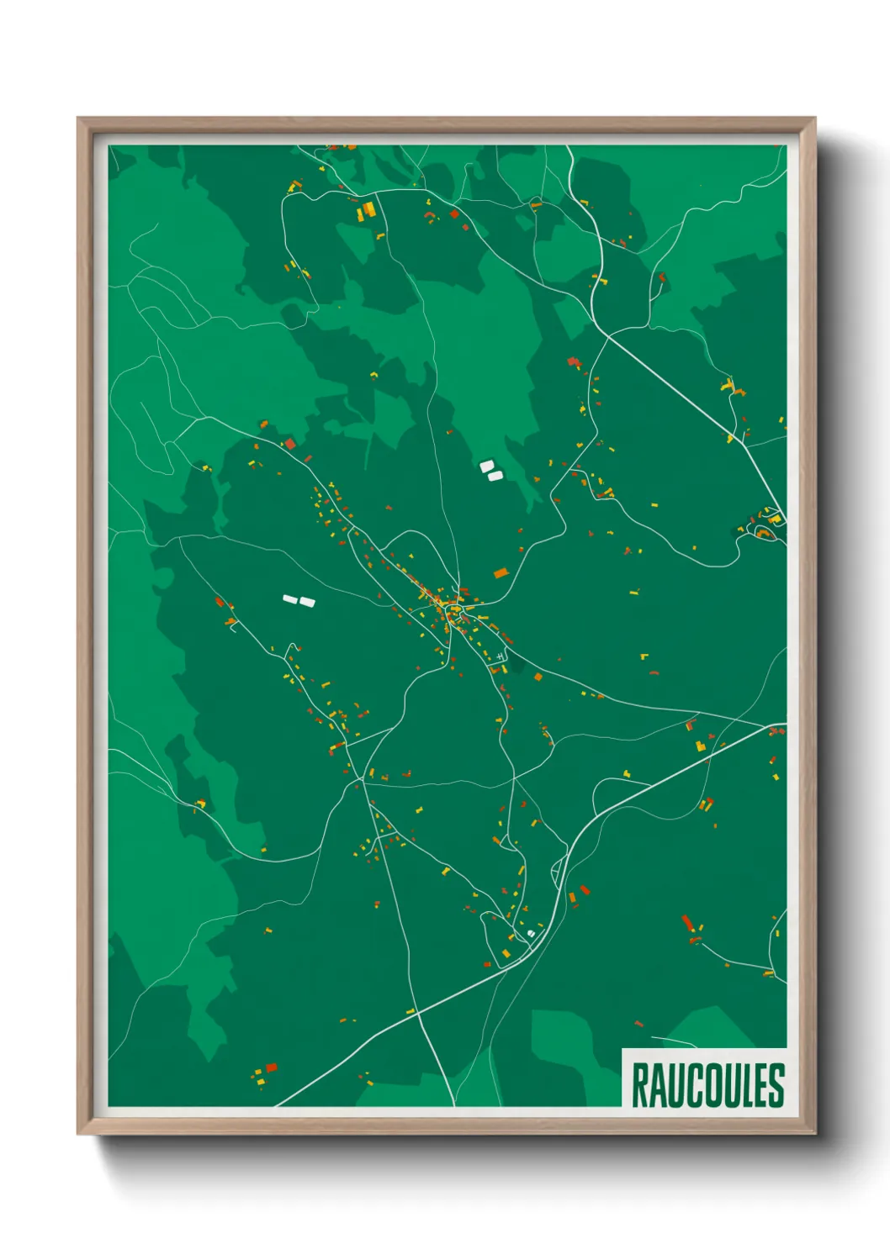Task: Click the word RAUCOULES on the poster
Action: point(707,1085)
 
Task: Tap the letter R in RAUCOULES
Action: point(639,1085)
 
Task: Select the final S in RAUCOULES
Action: point(777,1085)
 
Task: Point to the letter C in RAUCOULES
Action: point(688,1085)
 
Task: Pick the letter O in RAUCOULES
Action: point(707,1085)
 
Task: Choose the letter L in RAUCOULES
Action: point(744,1085)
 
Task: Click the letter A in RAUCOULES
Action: point(654,1085)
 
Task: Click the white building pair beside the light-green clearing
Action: point(490,471)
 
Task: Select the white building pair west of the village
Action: point(299,600)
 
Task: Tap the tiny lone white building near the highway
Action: point(531,932)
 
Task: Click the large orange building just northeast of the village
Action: point(501,573)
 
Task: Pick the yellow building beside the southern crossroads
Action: point(411,1010)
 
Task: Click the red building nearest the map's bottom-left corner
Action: point(271,1067)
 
